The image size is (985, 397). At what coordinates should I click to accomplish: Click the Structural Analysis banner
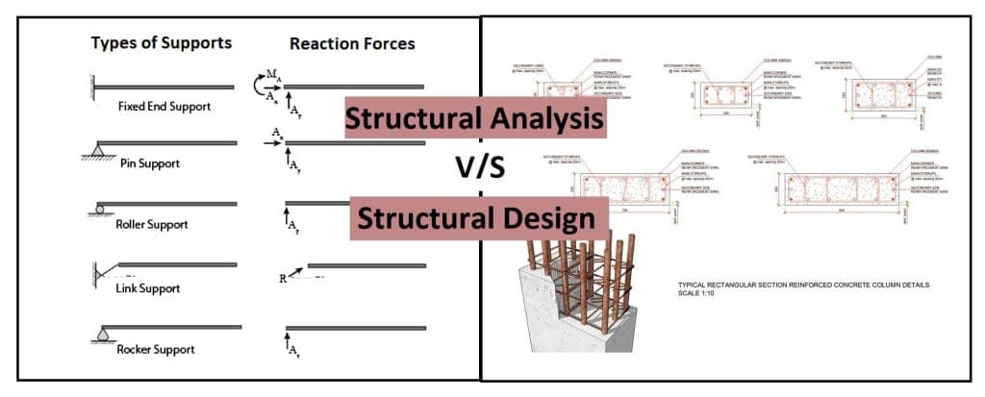tap(476, 119)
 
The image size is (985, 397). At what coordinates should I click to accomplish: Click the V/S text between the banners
tap(478, 168)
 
